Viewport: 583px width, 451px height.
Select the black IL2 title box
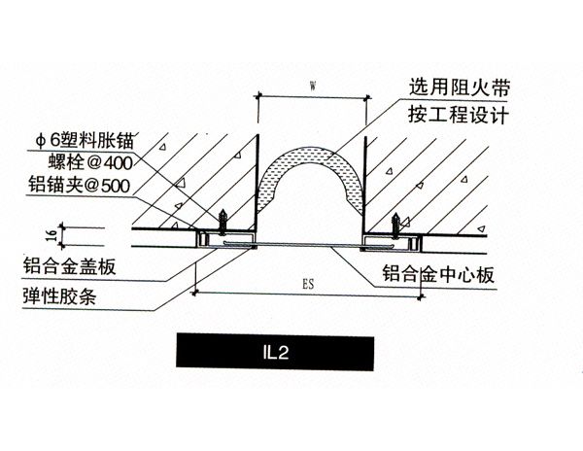click(x=275, y=351)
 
